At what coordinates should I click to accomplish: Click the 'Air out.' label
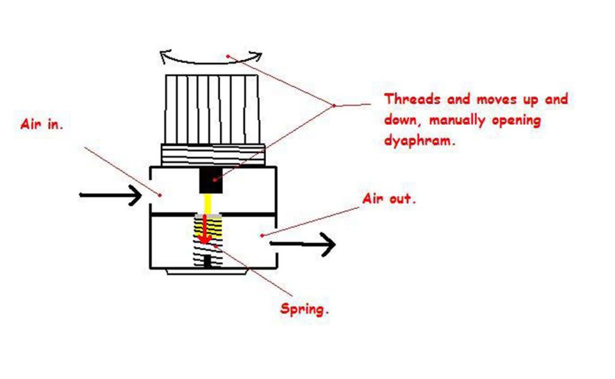(389, 199)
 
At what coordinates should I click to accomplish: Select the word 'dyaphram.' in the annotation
(419, 142)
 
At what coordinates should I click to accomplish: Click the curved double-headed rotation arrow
(211, 57)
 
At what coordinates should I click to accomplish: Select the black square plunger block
(211, 181)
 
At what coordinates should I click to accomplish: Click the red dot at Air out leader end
(262, 236)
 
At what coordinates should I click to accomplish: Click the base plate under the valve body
(207, 272)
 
